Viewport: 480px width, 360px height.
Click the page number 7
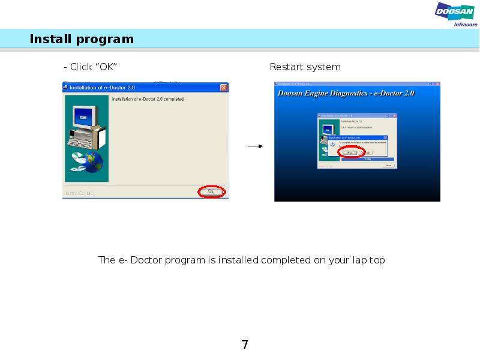pos(244,345)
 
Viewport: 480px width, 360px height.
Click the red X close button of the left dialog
pos(223,87)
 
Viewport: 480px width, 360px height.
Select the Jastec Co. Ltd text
pos(79,193)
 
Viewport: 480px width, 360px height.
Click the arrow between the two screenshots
pos(256,146)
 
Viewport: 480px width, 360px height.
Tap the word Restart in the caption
pos(285,67)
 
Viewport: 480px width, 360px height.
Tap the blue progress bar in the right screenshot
pos(367,159)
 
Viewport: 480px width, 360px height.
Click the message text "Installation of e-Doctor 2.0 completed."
pos(148,99)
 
